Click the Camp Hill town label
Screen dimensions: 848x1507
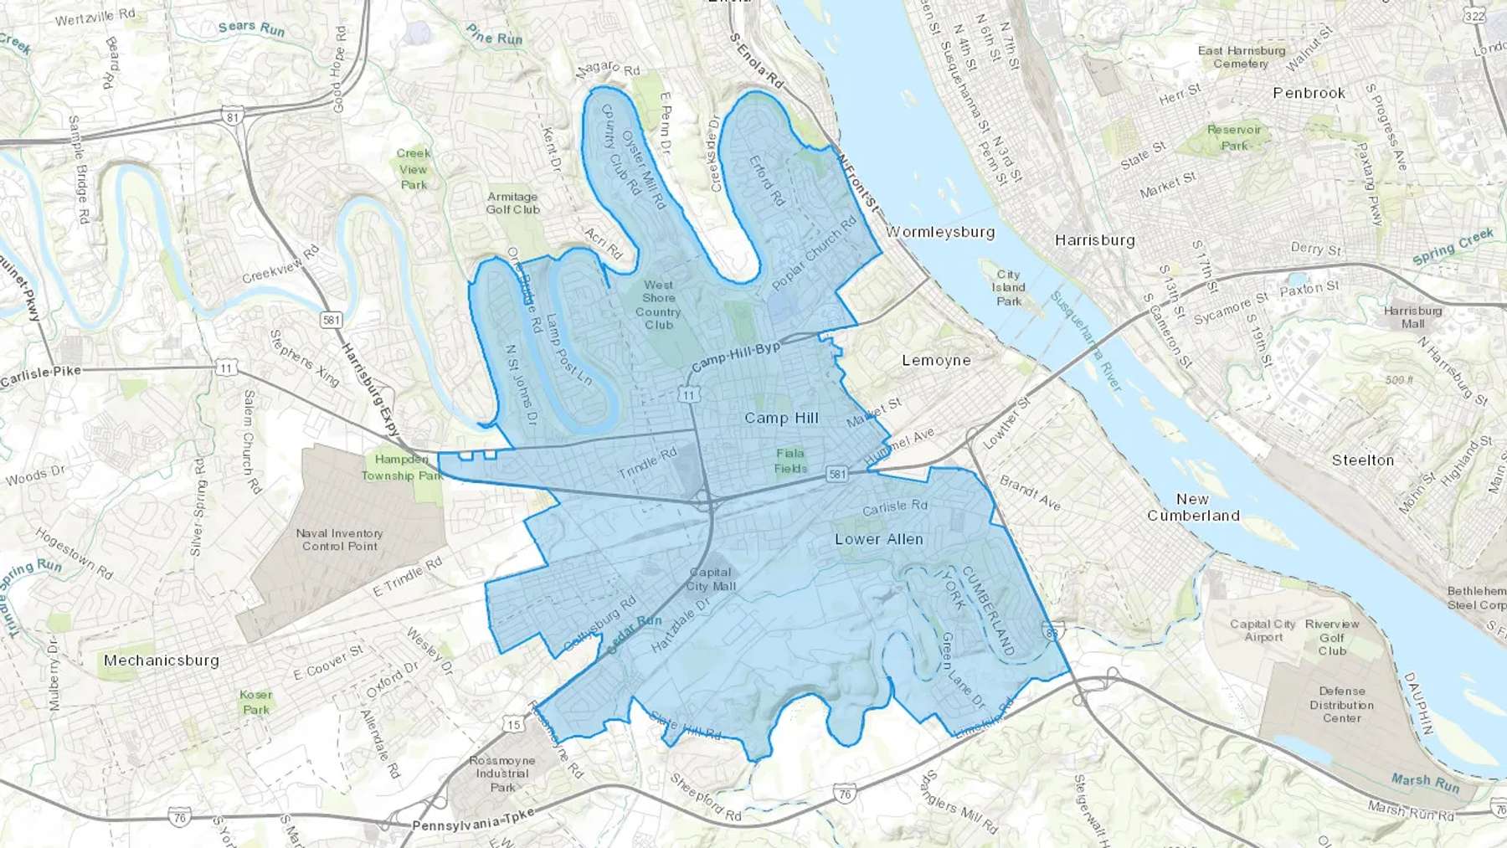coord(781,418)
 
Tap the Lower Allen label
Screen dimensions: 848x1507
coord(879,539)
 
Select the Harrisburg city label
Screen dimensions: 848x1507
coord(1094,240)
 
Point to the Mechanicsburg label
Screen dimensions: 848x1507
coord(162,660)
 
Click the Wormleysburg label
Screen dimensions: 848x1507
coord(940,232)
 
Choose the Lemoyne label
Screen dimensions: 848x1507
coord(936,361)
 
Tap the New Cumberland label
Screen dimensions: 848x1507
coord(1193,507)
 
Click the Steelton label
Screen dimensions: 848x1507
coord(1363,460)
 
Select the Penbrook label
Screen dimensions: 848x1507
coord(1309,93)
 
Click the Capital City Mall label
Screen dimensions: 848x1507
coord(711,579)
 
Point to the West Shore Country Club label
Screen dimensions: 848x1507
coord(658,305)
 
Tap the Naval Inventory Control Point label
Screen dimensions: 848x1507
coord(339,539)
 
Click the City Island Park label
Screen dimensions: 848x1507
coord(1009,287)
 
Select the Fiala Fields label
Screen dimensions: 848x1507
coord(790,460)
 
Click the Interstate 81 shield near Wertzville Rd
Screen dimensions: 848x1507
coord(232,116)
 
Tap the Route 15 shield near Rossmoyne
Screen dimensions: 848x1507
coord(514,724)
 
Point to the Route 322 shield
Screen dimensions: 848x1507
coord(1474,16)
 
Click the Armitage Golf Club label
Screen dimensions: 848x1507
coord(513,203)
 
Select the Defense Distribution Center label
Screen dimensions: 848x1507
coord(1341,704)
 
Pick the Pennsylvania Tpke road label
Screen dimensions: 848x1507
coord(473,822)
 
